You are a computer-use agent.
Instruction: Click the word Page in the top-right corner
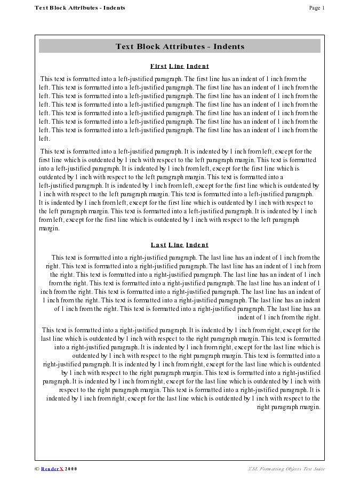314,8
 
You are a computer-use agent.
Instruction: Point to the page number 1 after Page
323,8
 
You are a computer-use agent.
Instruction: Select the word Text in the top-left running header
41,8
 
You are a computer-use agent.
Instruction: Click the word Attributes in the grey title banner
185,46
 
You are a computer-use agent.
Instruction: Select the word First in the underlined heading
158,66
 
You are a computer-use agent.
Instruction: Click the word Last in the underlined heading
158,245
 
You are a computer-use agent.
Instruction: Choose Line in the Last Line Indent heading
176,245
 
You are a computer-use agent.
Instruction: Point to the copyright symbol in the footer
37,469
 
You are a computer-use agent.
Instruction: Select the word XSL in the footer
252,469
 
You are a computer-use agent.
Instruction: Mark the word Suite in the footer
318,469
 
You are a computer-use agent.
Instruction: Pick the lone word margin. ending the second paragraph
49,228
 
